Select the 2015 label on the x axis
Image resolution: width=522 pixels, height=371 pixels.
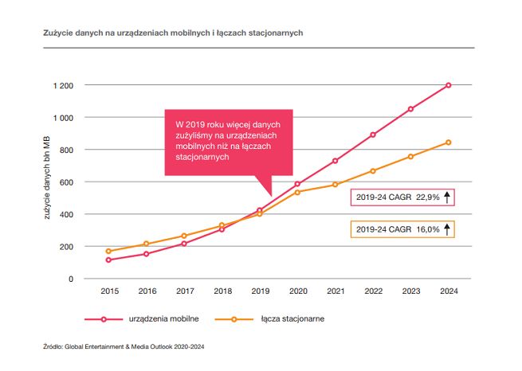click(108, 292)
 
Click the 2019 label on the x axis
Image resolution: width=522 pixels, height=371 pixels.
click(260, 292)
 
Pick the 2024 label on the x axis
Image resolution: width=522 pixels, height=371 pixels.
click(449, 292)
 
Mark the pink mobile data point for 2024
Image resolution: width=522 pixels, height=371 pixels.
click(449, 85)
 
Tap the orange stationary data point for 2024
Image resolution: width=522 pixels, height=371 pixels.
click(449, 143)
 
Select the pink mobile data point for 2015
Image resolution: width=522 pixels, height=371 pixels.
click(108, 260)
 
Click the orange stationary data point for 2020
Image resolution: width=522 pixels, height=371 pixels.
click(297, 192)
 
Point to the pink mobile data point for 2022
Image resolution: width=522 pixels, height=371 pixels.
click(373, 135)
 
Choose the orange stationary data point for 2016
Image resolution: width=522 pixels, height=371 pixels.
click(146, 244)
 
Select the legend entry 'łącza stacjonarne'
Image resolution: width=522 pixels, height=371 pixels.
click(291, 319)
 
